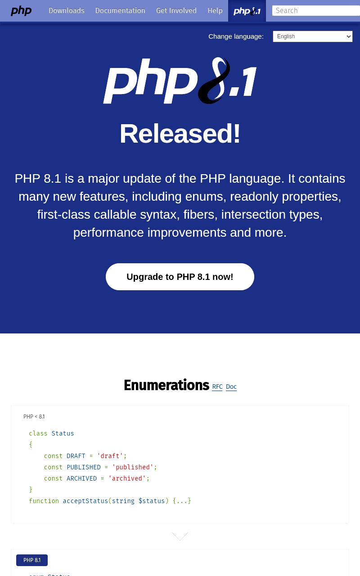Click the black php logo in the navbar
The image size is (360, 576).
pyautogui.click(x=21, y=11)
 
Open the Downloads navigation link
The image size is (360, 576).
pyautogui.click(x=67, y=10)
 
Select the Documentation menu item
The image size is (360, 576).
pyautogui.click(x=120, y=10)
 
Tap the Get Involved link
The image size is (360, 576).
pyautogui.click(x=176, y=10)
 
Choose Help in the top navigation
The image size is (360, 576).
pyautogui.click(x=215, y=10)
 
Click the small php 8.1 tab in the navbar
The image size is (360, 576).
pyautogui.click(x=247, y=11)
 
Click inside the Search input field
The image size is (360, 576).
pyautogui.click(x=316, y=10)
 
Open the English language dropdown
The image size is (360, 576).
pyautogui.click(x=312, y=36)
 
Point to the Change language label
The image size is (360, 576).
pyautogui.click(x=236, y=36)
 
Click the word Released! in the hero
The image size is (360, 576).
pyautogui.click(x=180, y=133)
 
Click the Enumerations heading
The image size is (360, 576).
pyautogui.click(x=166, y=385)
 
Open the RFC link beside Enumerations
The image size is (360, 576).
pyautogui.click(x=217, y=387)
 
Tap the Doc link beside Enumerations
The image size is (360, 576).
pyautogui.click(x=231, y=387)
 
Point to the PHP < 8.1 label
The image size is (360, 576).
pyautogui.click(x=34, y=417)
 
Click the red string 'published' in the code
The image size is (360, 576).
pyautogui.click(x=132, y=467)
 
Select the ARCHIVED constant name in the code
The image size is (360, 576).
pyautogui.click(x=81, y=478)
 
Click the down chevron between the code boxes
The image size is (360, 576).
pyautogui.click(x=180, y=536)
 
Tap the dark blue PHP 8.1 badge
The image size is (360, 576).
pyautogui.click(x=32, y=560)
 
